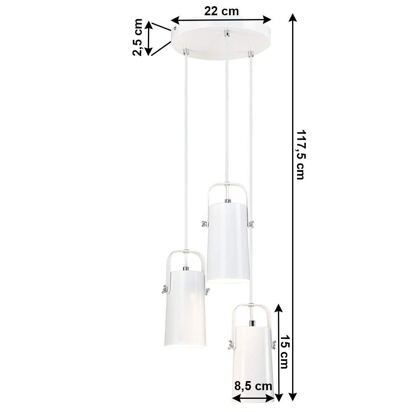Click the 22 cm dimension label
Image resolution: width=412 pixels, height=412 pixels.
[221, 11]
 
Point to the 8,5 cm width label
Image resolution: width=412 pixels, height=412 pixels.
[253, 386]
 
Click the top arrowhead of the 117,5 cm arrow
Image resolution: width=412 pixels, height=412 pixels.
[293, 18]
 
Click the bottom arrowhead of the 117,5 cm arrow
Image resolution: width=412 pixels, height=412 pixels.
[293, 396]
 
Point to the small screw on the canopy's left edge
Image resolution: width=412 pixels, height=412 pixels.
[175, 29]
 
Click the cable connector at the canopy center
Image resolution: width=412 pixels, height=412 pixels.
[226, 33]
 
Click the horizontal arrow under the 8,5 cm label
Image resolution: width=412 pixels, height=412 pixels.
[253, 398]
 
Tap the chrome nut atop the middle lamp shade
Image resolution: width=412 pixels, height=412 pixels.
[228, 201]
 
